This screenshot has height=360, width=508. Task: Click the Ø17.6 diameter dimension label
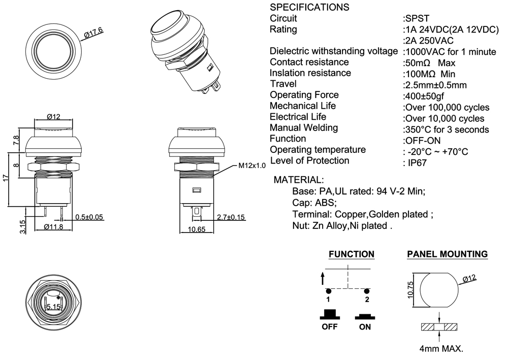(x=93, y=34)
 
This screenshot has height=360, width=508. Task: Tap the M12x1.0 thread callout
(x=251, y=166)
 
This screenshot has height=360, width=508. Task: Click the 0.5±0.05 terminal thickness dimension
(x=89, y=217)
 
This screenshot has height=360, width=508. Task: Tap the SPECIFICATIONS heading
(x=309, y=8)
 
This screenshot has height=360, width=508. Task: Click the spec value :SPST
(x=416, y=18)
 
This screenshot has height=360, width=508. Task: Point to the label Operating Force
(x=304, y=95)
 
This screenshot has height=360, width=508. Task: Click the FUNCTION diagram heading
(x=352, y=254)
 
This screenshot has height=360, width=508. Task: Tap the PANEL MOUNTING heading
(x=448, y=254)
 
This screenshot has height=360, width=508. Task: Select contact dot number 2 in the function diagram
(x=366, y=291)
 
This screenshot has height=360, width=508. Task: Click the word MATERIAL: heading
(x=298, y=180)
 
